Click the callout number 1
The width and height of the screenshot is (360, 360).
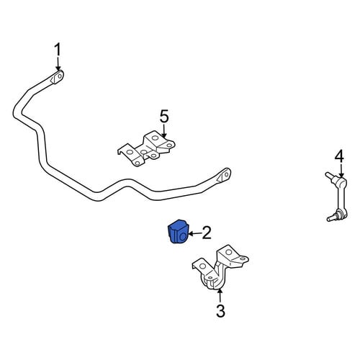pyautogui.click(x=58, y=50)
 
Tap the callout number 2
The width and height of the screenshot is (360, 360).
pyautogui.click(x=207, y=233)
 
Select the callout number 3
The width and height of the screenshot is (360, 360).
pyautogui.click(x=220, y=311)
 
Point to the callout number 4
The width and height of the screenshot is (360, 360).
pyautogui.click(x=339, y=156)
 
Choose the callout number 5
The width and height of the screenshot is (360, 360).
pyautogui.click(x=164, y=117)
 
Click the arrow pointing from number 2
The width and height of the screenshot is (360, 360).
pyautogui.click(x=195, y=233)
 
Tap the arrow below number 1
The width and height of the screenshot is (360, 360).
pyautogui.click(x=58, y=63)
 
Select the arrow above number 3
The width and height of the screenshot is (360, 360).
pyautogui.click(x=220, y=296)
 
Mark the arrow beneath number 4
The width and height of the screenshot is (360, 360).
pyautogui.click(x=341, y=171)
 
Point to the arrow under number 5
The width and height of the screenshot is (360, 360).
pyautogui.click(x=164, y=130)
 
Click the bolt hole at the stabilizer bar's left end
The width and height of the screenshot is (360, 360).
pyautogui.click(x=60, y=76)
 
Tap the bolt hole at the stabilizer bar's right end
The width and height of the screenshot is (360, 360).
pyautogui.click(x=227, y=174)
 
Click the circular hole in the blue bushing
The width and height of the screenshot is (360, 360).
pyautogui.click(x=183, y=237)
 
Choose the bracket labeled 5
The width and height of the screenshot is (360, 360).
pyautogui.click(x=146, y=148)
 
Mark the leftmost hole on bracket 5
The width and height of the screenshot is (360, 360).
pyautogui.click(x=130, y=152)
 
